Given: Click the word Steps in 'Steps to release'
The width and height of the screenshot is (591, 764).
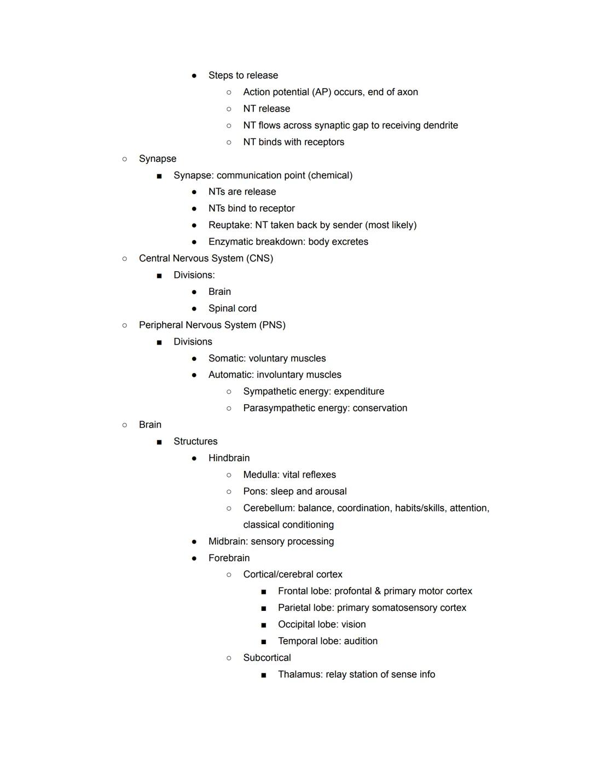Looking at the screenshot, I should (x=221, y=75).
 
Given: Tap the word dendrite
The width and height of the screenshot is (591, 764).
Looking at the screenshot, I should (x=437, y=125).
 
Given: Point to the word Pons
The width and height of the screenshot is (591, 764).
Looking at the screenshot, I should (x=254, y=491).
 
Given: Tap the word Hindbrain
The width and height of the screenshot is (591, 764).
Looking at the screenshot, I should (x=229, y=458).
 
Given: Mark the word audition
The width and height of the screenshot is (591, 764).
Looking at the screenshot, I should (x=361, y=641).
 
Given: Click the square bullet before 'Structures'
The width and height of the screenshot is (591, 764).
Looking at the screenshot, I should (x=159, y=442).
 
